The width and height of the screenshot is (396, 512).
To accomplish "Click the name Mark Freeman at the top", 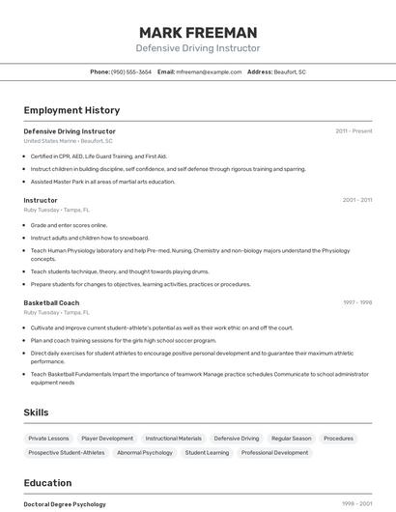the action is click(x=198, y=33).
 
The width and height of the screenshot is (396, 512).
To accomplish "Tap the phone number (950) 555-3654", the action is click(x=131, y=71).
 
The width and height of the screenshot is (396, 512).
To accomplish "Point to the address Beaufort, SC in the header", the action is click(x=290, y=71).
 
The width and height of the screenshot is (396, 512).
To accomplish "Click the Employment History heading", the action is click(x=71, y=110).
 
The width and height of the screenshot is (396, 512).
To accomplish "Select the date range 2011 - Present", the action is click(x=354, y=130).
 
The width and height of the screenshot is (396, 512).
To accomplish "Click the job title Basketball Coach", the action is click(x=51, y=302).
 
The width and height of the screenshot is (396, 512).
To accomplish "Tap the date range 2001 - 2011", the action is click(x=356, y=200).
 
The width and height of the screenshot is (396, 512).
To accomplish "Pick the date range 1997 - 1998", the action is click(x=357, y=302).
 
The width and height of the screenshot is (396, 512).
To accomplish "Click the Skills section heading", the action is click(x=37, y=412).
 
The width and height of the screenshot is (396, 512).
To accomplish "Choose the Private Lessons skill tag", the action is click(x=48, y=438).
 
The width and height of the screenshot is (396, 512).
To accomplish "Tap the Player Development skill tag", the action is click(x=107, y=438).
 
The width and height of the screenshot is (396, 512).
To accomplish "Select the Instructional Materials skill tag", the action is click(x=174, y=438).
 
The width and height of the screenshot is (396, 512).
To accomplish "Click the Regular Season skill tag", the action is click(x=291, y=438).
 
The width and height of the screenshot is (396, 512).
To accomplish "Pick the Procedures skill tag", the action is click(x=338, y=438).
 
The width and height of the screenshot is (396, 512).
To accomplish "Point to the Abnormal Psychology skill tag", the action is click(x=144, y=452).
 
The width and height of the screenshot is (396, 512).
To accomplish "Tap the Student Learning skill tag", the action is click(x=207, y=452).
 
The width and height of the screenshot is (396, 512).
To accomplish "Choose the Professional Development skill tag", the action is click(x=275, y=452).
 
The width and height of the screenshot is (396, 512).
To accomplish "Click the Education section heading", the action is click(x=47, y=483).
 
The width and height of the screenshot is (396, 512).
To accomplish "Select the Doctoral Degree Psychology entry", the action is click(x=65, y=503).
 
